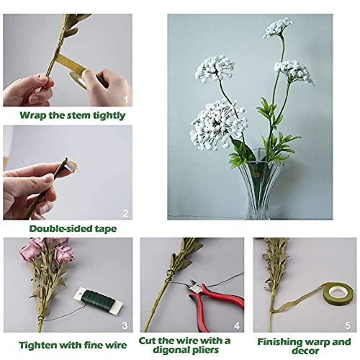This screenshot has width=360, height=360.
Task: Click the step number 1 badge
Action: pyautogui.click(x=126, y=99)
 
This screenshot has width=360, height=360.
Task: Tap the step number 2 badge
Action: pyautogui.click(x=126, y=214)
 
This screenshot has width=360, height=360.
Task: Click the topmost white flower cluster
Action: pyautogui.click(x=278, y=27)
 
